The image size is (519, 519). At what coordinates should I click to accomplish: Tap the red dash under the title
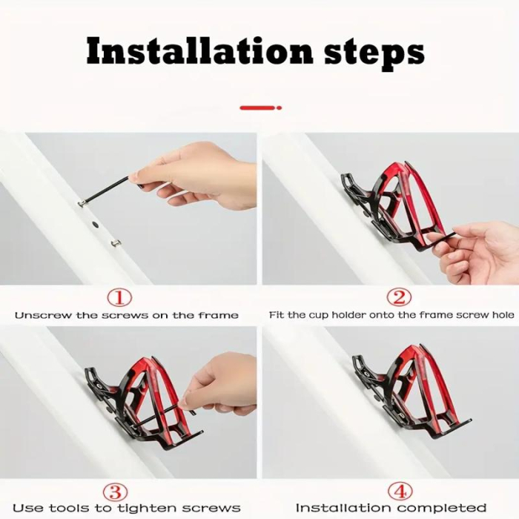pyautogui.click(x=260, y=108)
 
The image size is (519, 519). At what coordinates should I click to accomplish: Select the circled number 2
pyautogui.click(x=400, y=298)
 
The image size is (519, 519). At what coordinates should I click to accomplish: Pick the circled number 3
pyautogui.click(x=116, y=491)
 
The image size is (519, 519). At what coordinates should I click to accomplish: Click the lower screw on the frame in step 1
pyautogui.click(x=116, y=242)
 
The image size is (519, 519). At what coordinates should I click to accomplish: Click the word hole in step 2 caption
pyautogui.click(x=501, y=315)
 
